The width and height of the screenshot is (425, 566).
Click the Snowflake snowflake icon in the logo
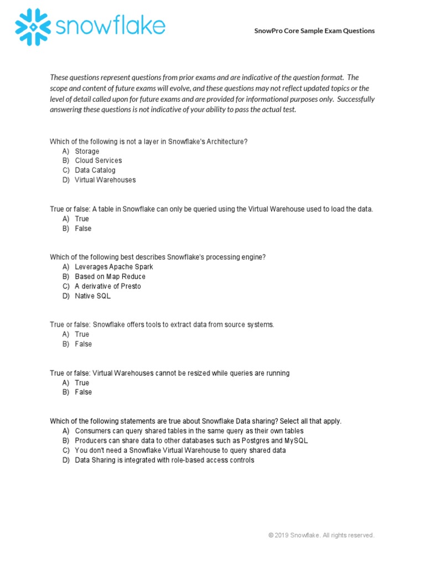tap(34, 27)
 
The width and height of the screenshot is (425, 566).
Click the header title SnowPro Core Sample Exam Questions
tap(314, 31)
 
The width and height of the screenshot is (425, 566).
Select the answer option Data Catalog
tap(95, 170)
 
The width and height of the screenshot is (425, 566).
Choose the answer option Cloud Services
tap(99, 161)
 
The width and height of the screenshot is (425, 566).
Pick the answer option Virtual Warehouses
tap(105, 180)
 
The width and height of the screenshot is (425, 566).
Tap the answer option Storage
tap(87, 151)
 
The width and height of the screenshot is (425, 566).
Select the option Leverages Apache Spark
tap(114, 267)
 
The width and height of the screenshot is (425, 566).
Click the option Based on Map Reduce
tap(110, 276)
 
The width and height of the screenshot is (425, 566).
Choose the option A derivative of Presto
tap(108, 286)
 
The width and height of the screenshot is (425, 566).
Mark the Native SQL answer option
tap(93, 296)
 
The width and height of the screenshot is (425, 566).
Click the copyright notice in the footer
tap(321, 536)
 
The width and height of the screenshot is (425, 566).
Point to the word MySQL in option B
tap(296, 441)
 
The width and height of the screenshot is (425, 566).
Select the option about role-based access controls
tap(164, 460)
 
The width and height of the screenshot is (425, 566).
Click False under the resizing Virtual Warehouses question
tap(84, 392)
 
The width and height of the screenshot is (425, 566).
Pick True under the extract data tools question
tap(82, 334)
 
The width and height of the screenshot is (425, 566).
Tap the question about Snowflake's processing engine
tap(158, 257)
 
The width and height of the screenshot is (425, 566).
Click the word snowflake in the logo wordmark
tap(110, 25)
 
